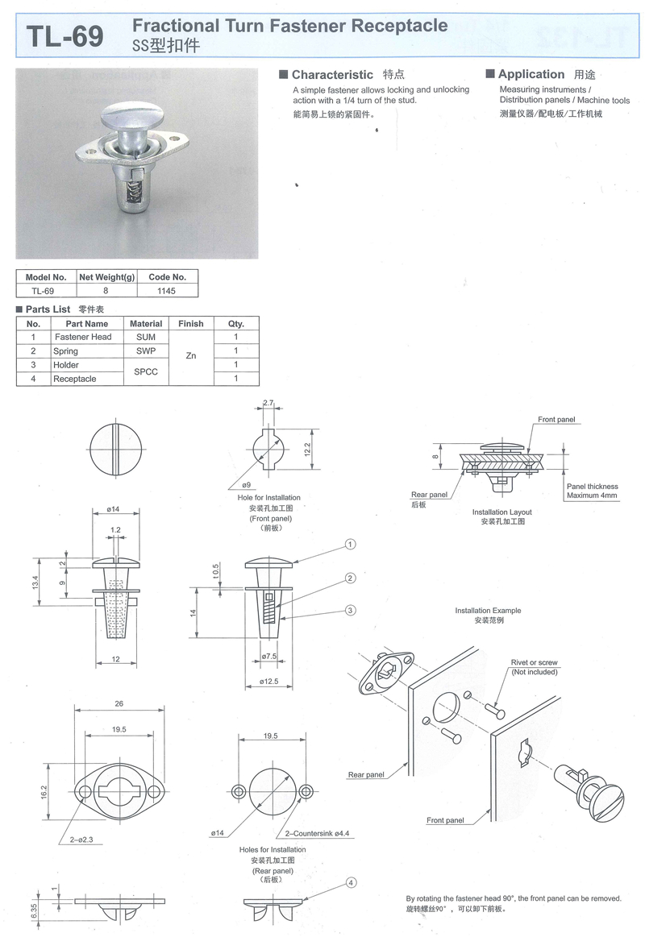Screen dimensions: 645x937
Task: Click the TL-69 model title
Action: point(65,36)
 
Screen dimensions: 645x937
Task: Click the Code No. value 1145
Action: point(166,291)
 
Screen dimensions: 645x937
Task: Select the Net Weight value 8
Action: point(106,291)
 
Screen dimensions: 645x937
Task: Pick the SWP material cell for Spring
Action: point(146,350)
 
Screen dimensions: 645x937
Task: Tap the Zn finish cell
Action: point(191,355)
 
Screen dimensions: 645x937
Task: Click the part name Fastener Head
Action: point(83,337)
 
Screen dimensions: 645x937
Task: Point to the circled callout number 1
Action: point(350,545)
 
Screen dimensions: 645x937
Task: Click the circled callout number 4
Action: point(351,883)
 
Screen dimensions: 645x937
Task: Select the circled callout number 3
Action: point(350,610)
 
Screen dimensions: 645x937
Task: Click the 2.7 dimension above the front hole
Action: point(268,404)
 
